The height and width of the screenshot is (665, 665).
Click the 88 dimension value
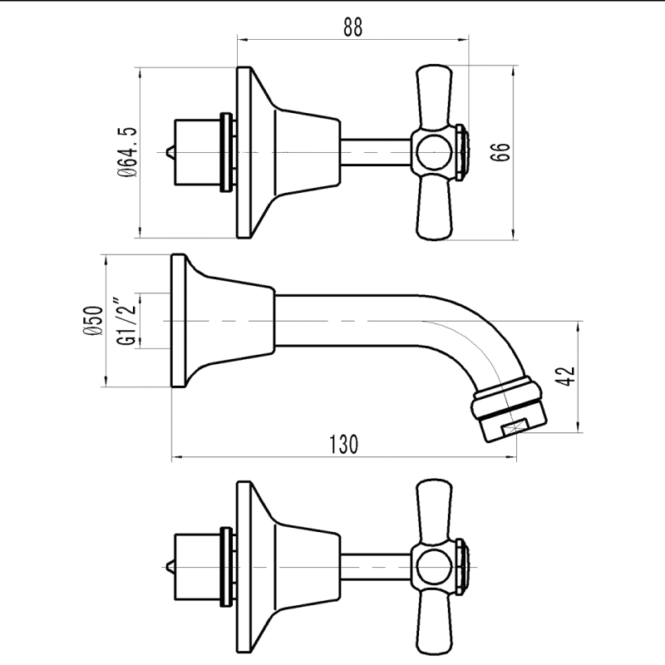tap(352, 27)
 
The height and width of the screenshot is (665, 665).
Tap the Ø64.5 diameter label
tap(127, 152)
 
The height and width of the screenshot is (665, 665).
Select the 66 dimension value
tap(500, 152)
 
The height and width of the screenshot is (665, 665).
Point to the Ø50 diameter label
tap(93, 321)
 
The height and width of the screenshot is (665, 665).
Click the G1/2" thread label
tap(126, 321)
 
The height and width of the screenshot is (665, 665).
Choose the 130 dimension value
tap(343, 444)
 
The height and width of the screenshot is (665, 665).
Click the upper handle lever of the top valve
tap(433, 96)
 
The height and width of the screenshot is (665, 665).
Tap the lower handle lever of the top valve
tap(433, 207)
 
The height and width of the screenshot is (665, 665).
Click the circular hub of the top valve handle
tap(432, 152)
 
